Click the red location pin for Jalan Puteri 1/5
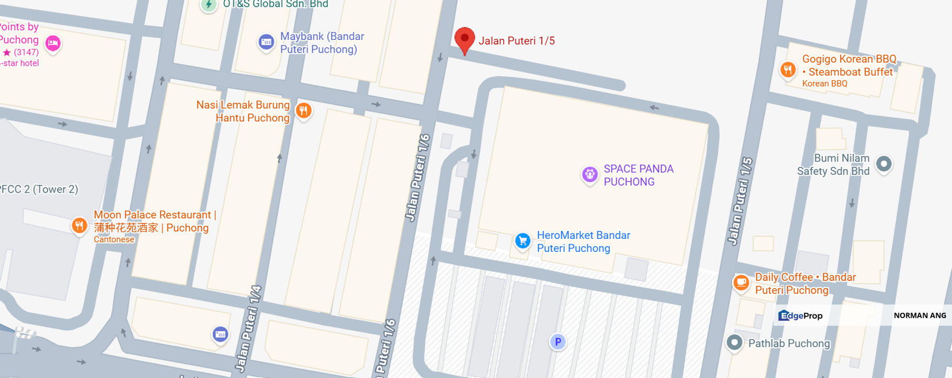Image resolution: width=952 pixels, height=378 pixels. tap(464, 39)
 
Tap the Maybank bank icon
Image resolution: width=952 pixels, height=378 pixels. tap(266, 42)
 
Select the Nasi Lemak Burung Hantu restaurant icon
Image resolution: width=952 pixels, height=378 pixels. tap(304, 110)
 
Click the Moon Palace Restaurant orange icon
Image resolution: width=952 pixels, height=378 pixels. tap(79, 226)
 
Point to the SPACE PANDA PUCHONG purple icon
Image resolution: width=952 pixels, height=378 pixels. tap(590, 174)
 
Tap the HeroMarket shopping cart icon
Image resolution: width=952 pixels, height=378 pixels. tap(522, 241)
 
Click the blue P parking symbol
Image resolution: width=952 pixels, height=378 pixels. tap(558, 342)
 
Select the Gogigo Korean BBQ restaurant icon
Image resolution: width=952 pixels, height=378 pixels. tap(788, 69)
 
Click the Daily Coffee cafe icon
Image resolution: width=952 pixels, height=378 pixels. tap(741, 282)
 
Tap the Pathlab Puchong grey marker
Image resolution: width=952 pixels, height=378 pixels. tap(734, 343)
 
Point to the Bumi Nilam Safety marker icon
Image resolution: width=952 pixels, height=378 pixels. tap(884, 164)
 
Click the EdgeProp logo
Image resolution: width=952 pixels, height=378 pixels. tap(800, 316)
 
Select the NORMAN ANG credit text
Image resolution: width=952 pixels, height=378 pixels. tap(919, 316)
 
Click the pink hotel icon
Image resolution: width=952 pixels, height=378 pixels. tap(53, 43)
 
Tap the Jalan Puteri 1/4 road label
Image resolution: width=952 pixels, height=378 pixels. tap(248, 328)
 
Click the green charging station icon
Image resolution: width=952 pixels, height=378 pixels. tap(208, 5)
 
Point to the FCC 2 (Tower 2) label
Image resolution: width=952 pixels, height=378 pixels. tap(39, 190)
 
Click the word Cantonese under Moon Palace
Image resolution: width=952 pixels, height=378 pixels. tap(114, 239)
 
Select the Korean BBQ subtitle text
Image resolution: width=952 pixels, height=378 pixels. tap(824, 83)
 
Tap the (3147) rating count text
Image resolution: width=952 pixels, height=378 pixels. tap(26, 52)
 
